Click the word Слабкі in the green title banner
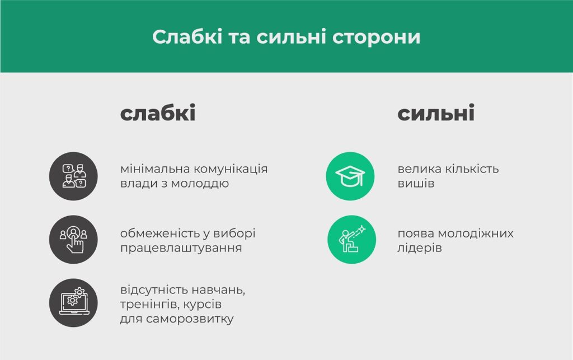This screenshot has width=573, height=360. tap(187, 36)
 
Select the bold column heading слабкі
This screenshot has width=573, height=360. tap(158, 113)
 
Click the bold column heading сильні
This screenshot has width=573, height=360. tap(436, 113)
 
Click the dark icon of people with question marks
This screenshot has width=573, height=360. tap(73, 176)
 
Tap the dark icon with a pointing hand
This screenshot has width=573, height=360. tap(73, 240)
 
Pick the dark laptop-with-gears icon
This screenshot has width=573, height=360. tap(73, 303)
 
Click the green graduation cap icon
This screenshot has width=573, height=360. tap(350, 176)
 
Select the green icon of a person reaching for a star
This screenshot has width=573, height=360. tap(351, 240)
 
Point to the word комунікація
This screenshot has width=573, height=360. tap(231, 169)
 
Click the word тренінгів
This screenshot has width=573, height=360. tap(150, 305)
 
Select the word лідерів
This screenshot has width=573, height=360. tap(420, 248)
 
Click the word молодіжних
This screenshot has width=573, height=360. tap(476, 233)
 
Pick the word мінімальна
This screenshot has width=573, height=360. tap(155, 169)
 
